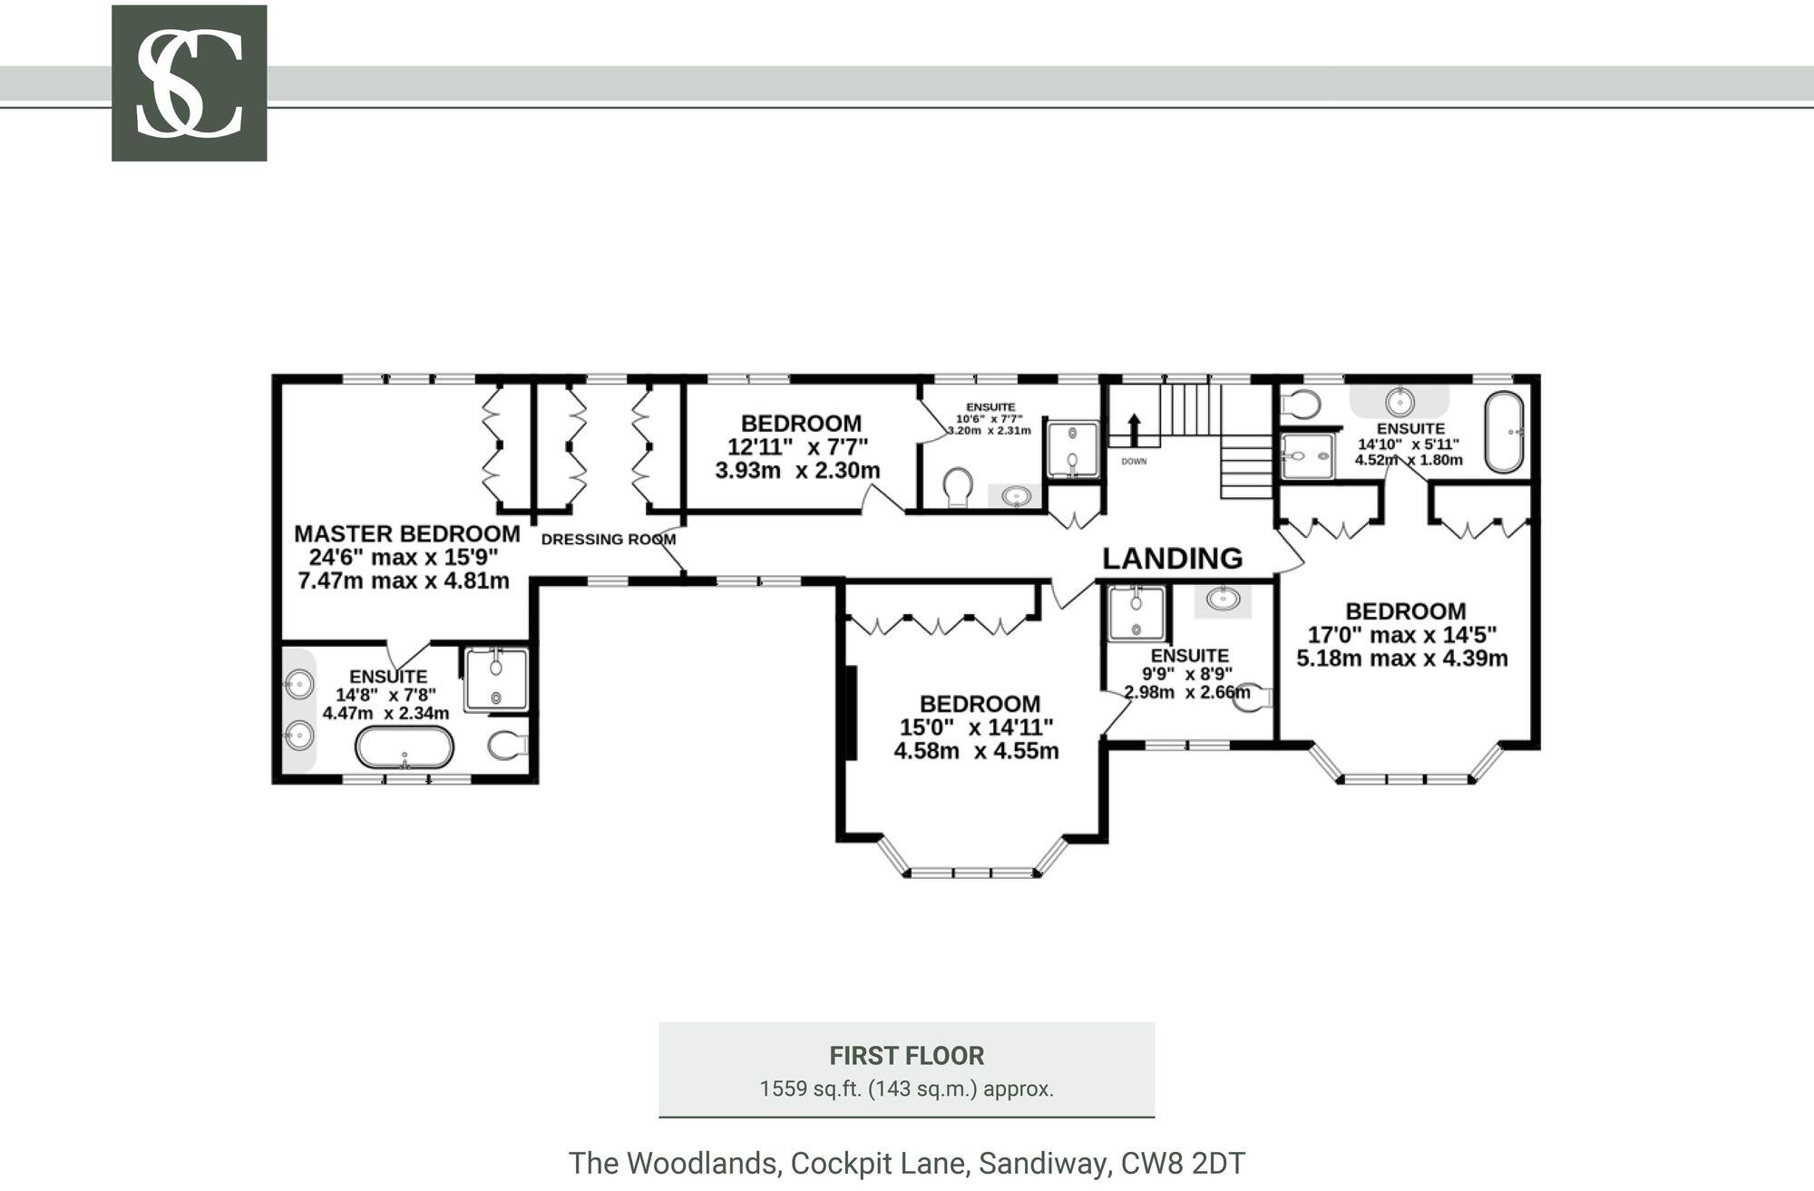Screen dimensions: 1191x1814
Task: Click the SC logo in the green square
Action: (x=189, y=83)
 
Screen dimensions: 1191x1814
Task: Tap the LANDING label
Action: (x=1172, y=559)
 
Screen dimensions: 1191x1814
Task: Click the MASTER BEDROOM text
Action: (x=406, y=533)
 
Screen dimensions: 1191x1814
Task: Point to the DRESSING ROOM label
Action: (x=608, y=539)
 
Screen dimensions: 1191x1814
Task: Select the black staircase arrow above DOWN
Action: (x=1134, y=429)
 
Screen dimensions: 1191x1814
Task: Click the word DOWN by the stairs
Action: (x=1134, y=462)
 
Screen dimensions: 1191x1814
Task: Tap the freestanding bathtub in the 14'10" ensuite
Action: (x=1504, y=432)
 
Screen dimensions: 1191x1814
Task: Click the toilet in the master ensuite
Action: (x=508, y=746)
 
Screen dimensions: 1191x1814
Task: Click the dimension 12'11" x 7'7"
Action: (x=797, y=446)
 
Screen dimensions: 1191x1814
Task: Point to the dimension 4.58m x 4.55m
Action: (x=976, y=751)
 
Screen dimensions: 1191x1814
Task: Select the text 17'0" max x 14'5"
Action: (x=1401, y=635)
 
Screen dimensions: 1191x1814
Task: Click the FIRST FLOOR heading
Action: (x=906, y=1056)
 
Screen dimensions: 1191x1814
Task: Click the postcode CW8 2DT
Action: (x=1183, y=1163)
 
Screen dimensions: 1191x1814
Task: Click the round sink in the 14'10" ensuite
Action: (x=1400, y=400)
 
